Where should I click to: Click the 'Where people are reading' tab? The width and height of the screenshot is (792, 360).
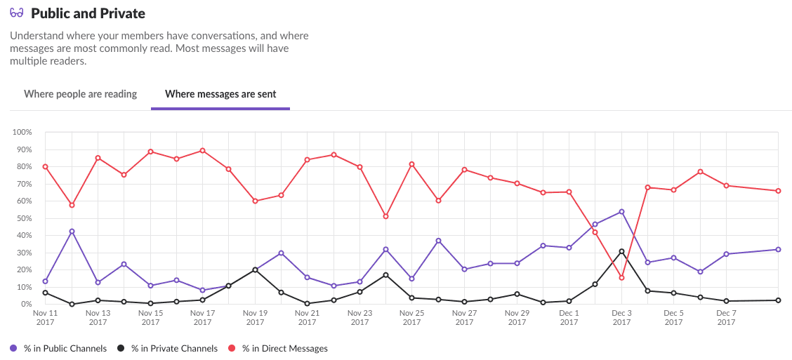coord(80,94)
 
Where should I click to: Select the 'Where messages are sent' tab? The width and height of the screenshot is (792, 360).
coord(220,94)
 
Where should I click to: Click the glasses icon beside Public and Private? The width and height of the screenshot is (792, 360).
coord(17,13)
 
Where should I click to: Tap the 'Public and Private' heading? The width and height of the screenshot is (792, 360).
coord(88,13)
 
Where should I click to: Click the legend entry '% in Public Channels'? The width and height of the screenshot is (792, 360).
coord(65,348)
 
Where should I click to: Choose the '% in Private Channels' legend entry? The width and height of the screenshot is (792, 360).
coord(173,348)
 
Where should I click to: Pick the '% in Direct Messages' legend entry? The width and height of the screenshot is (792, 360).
coord(284,348)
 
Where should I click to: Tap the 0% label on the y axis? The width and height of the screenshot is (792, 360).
coord(26,305)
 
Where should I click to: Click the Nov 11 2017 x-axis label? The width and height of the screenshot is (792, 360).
coord(45,318)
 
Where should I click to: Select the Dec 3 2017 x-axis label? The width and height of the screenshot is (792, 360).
coord(621,318)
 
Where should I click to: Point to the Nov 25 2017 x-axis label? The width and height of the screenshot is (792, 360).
coord(411,318)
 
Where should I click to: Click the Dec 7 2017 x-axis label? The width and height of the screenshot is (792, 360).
coord(726,318)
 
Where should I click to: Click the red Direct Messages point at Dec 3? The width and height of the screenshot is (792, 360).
coord(621,278)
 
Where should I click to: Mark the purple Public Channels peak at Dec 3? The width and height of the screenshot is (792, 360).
coord(621,211)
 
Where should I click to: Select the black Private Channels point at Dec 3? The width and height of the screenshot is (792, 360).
coord(621,251)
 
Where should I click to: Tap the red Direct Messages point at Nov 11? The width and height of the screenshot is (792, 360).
coord(45,166)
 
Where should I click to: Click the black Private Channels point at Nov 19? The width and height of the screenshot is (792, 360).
coord(255,269)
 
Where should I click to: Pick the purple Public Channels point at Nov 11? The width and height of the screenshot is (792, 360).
coord(45,281)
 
